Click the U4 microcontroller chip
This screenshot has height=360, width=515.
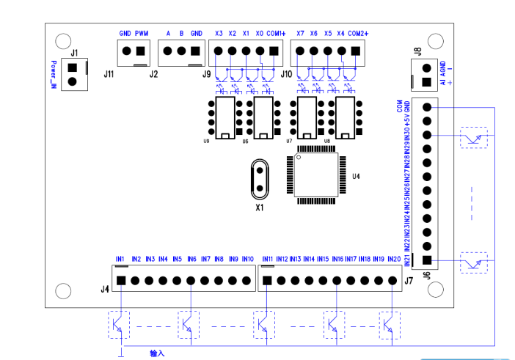coord(316,176)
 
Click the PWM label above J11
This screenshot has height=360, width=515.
coord(142,34)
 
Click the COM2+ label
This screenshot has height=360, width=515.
coord(357,34)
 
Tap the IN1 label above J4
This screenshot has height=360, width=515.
coord(120,259)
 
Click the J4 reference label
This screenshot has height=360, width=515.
coord(105,288)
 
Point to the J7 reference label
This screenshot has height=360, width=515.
coord(409,281)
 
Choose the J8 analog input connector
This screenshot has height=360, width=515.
coord(426,73)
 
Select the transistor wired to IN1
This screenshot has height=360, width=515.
coord(120,323)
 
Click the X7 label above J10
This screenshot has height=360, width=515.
coord(300,34)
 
